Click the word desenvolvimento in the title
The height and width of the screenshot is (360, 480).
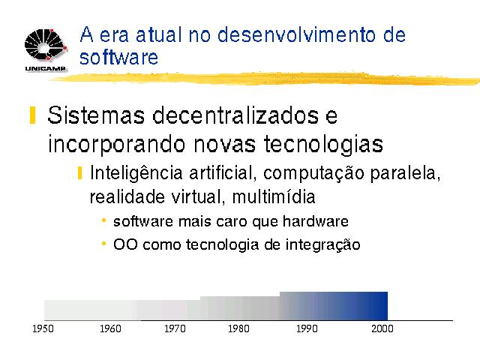pyautogui.click(x=297, y=34)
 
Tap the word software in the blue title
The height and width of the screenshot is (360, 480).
pyautogui.click(x=118, y=57)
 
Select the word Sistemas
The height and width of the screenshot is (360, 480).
pyautogui.click(x=96, y=115)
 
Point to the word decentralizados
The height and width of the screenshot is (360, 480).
pyautogui.click(x=235, y=115)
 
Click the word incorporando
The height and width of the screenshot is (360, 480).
pyautogui.click(x=117, y=144)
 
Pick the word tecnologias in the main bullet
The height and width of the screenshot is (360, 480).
pyautogui.click(x=323, y=143)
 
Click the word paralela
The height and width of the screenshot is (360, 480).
pyautogui.click(x=405, y=173)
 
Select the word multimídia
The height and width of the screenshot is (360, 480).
pyautogui.click(x=274, y=196)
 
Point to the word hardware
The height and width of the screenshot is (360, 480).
pyautogui.click(x=315, y=221)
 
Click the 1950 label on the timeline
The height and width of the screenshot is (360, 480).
pyautogui.click(x=43, y=328)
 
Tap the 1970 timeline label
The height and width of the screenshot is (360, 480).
pyautogui.click(x=175, y=328)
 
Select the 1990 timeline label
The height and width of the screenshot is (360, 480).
pyautogui.click(x=307, y=328)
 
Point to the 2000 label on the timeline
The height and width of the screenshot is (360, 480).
pyautogui.click(x=382, y=328)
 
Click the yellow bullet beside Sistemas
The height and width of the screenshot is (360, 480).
pyautogui.click(x=33, y=115)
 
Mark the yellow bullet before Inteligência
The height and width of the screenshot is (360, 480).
pyautogui.click(x=80, y=173)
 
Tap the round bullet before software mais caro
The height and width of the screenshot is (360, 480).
pyautogui.click(x=103, y=220)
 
